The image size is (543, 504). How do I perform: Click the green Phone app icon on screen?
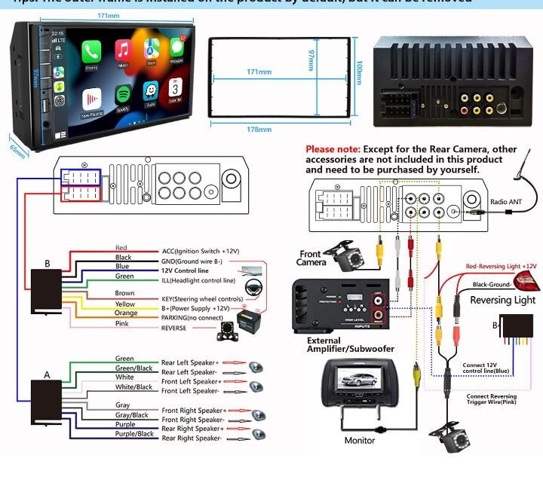tap(91, 52)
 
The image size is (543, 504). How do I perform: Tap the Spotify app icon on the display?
tap(122, 96)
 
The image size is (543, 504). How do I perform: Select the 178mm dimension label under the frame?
tap(259, 130)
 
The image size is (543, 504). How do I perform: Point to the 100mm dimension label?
tap(359, 72)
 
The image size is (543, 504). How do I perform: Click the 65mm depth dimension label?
tap(17, 151)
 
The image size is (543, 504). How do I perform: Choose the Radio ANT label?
tap(505, 201)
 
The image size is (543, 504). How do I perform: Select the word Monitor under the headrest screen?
tap(360, 440)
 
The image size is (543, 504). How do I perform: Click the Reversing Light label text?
tap(502, 300)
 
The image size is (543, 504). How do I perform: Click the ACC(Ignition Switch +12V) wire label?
tap(200, 252)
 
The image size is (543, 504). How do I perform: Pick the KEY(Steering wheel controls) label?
tap(202, 299)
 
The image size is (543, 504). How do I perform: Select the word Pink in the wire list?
tap(121, 324)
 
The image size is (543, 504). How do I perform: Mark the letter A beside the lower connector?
tap(47, 374)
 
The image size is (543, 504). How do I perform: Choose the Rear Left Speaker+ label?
tap(190, 363)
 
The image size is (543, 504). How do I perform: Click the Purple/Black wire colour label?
tap(134, 434)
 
